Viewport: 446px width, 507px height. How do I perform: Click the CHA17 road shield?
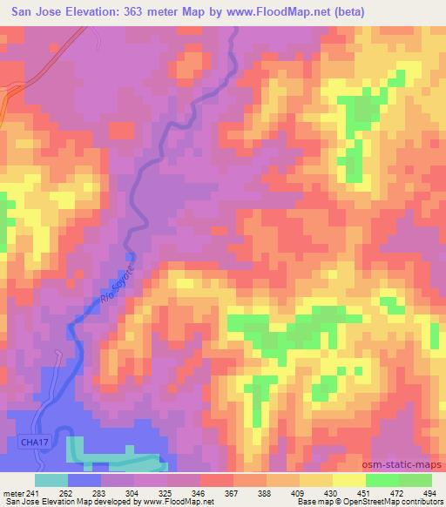click(31, 443)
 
